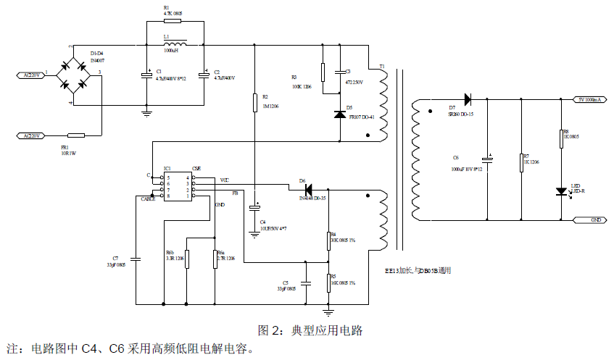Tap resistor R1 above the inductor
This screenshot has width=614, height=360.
point(167,21)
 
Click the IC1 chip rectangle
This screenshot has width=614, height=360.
point(178,186)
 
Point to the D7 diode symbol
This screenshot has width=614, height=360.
point(467,99)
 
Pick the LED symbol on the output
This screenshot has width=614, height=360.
point(560,191)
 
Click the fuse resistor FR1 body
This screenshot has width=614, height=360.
point(75,135)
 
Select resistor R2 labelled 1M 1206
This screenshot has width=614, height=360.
point(255,102)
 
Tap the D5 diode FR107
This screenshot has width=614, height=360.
point(339,114)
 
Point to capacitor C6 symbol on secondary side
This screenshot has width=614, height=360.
point(488,157)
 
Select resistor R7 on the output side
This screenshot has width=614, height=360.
point(522,162)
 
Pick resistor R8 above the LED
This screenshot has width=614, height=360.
point(560,138)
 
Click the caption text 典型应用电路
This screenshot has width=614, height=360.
point(326,330)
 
